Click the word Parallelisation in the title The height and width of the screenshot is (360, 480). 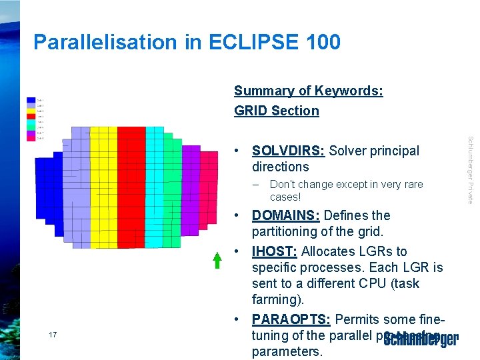click(99, 42)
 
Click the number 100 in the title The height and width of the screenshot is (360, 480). click(321, 42)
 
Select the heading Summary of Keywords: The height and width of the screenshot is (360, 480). click(308, 91)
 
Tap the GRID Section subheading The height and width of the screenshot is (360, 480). click(276, 111)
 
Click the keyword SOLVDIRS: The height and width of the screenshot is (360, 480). click(288, 151)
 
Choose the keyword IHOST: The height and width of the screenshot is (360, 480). click(274, 251)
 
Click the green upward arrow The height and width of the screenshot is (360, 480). click(217, 259)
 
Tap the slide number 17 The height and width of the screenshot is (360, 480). click(53, 334)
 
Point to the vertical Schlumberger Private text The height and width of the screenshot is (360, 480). click(470, 170)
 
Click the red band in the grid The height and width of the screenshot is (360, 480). click(131, 187)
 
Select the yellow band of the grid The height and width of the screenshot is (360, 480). click(103, 187)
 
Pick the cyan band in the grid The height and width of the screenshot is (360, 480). click(154, 187)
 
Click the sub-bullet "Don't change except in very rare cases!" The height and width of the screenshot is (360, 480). click(346, 191)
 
